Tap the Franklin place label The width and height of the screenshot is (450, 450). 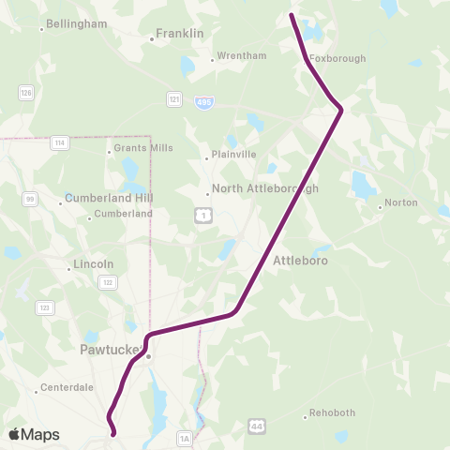180,34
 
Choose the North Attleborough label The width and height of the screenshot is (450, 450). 265,188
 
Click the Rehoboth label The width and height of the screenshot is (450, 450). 332,412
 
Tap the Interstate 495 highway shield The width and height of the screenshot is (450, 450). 203,100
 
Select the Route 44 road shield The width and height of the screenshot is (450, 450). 257,426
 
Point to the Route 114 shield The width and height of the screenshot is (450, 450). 60,142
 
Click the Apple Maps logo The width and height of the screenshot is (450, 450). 34,434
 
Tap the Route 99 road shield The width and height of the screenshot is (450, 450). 30,199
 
